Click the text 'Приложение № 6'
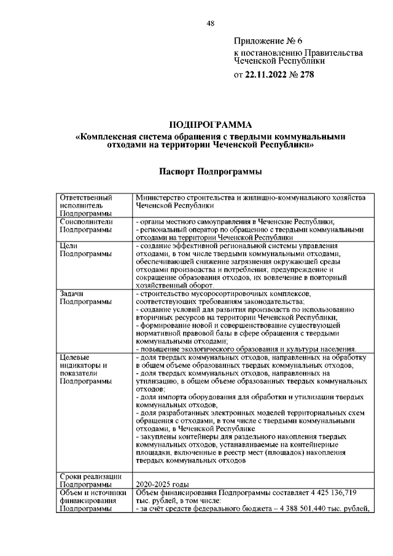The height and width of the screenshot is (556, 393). [268, 41]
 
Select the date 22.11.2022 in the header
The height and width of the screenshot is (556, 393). [270, 76]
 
